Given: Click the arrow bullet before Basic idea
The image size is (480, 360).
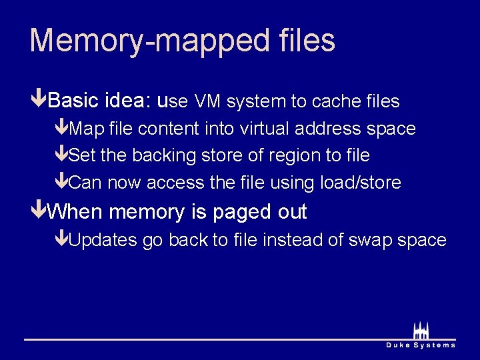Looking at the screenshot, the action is tap(39, 101).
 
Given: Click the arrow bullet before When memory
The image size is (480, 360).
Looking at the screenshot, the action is tap(39, 212).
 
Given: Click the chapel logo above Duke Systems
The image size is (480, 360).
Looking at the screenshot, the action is tap(421, 331).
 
